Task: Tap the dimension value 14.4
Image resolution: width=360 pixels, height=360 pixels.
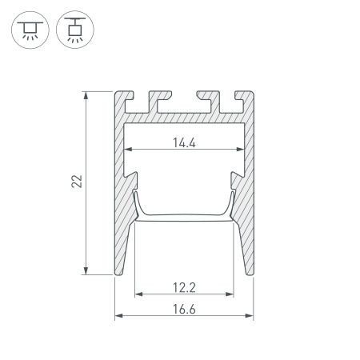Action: tap(185, 144)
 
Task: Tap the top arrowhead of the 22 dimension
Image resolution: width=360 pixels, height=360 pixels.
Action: tap(86, 95)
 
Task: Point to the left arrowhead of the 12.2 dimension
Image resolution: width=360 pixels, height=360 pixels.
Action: tap(137, 294)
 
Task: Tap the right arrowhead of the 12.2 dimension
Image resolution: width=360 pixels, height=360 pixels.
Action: tap(234, 294)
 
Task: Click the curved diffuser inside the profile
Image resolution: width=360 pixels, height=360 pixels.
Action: tap(185, 215)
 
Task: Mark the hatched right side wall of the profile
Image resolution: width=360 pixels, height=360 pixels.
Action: tap(247, 224)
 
